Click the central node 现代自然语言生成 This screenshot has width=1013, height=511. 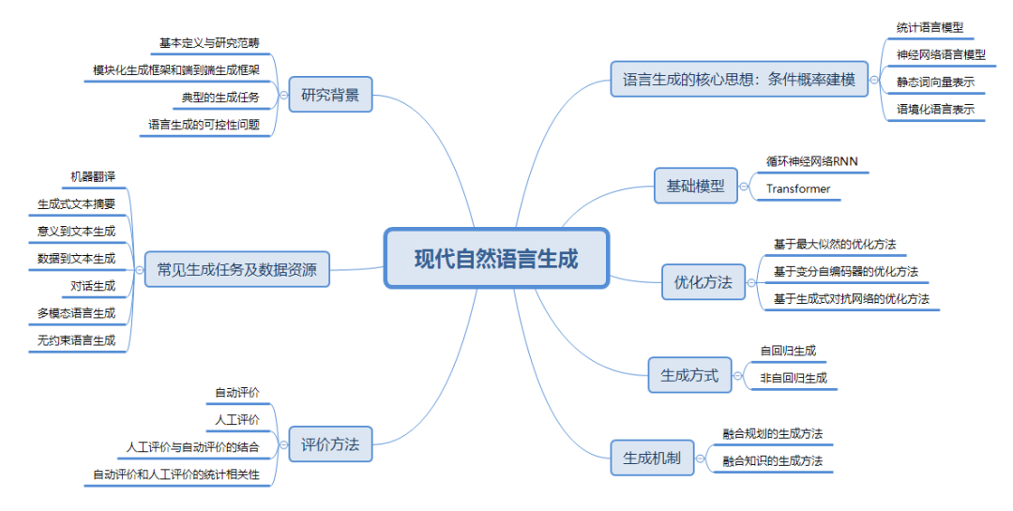pyautogui.click(x=497, y=258)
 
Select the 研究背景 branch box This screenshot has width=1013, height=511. pyautogui.click(x=330, y=95)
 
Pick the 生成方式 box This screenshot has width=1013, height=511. pyautogui.click(x=689, y=376)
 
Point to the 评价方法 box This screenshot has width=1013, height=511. pyautogui.click(x=330, y=444)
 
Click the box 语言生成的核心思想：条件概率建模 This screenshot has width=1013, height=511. pyautogui.click(x=739, y=81)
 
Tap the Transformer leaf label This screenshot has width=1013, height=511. pyautogui.click(x=798, y=189)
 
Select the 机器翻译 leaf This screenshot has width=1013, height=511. pyautogui.click(x=93, y=176)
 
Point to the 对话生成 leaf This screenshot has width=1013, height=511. pyautogui.click(x=93, y=286)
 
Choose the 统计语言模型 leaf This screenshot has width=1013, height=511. pyautogui.click(x=930, y=28)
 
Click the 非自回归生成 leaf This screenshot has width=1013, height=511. pyautogui.click(x=794, y=378)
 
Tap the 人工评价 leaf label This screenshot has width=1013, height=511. pyautogui.click(x=237, y=419)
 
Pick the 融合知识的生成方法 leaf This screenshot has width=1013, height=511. pyautogui.click(x=773, y=460)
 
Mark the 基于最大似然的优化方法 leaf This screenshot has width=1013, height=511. pyautogui.click(x=835, y=245)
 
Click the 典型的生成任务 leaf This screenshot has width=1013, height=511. pyautogui.click(x=220, y=97)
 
